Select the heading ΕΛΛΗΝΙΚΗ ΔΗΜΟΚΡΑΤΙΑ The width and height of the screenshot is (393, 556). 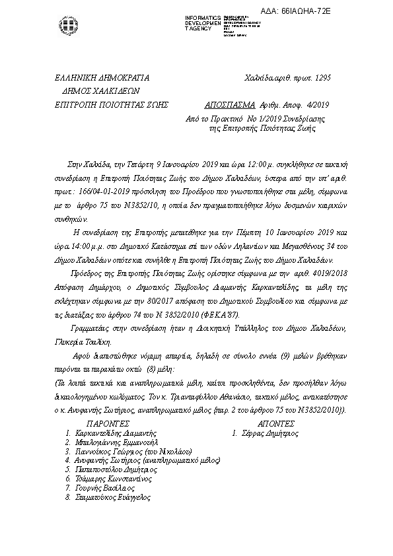coord(102,77)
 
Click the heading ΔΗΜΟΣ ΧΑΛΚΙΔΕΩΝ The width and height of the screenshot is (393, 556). coord(101,90)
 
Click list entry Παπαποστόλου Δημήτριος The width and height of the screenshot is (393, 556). coord(113,469)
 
